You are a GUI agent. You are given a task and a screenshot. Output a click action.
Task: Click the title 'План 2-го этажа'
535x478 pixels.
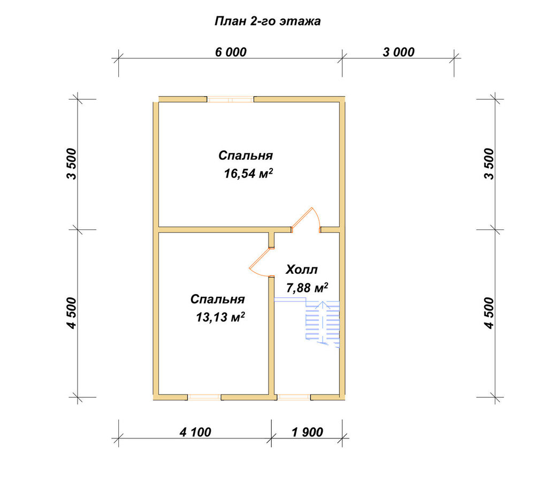[267, 21]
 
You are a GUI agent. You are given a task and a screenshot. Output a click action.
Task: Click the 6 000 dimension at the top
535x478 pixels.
[231, 52]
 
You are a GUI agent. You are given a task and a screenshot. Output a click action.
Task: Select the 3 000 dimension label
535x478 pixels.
[399, 52]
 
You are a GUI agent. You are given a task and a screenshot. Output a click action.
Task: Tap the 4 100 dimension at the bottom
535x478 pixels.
[195, 433]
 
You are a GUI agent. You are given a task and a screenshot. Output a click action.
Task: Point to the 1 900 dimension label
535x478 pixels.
[308, 433]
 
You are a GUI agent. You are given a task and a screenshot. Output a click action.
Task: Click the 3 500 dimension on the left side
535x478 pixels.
[72, 164]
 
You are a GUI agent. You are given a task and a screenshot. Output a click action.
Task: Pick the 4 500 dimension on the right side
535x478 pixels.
[488, 313]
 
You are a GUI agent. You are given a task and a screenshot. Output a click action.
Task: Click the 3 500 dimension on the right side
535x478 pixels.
[488, 164]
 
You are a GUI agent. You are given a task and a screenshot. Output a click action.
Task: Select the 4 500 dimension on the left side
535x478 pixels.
[72, 313]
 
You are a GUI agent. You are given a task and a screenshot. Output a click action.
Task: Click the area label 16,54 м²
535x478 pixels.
[248, 174]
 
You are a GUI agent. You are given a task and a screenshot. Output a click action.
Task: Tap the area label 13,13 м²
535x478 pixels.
[220, 317]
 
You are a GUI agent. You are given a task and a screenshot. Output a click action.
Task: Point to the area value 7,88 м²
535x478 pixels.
[307, 288]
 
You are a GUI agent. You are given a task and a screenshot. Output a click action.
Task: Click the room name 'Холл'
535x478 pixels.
[302, 269]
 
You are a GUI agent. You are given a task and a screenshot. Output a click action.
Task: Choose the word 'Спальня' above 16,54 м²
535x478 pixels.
[246, 156]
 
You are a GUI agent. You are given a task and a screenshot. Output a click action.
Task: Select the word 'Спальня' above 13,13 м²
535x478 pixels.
[218, 299]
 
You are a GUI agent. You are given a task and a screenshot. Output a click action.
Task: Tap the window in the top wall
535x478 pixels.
[230, 99]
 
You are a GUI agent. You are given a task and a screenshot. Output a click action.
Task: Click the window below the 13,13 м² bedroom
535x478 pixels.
[204, 397]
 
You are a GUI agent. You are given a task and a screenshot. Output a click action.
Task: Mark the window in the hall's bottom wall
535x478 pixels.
[294, 397]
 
